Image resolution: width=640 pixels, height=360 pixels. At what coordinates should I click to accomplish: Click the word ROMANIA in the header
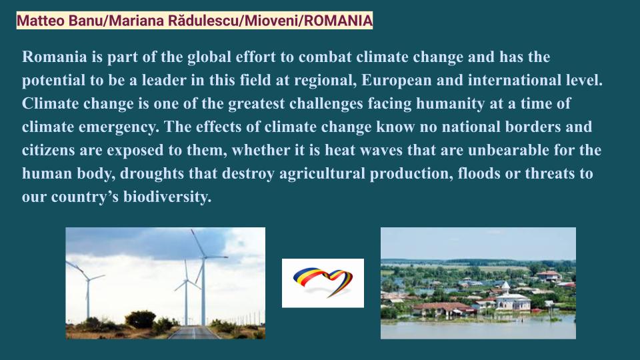tap(338, 21)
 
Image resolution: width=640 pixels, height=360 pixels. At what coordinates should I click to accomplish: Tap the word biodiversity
tap(167, 197)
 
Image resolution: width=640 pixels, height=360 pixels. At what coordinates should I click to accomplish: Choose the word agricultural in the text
tap(322, 174)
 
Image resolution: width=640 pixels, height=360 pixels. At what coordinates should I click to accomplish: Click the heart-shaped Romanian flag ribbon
tap(323, 281)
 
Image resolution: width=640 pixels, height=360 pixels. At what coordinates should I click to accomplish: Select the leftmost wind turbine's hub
tap(87, 279)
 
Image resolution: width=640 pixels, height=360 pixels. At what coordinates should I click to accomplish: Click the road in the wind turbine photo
tap(193, 332)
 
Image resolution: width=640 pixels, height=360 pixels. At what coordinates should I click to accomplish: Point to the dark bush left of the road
tap(140, 319)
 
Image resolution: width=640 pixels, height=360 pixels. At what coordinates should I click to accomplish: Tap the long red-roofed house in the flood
tap(443, 309)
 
